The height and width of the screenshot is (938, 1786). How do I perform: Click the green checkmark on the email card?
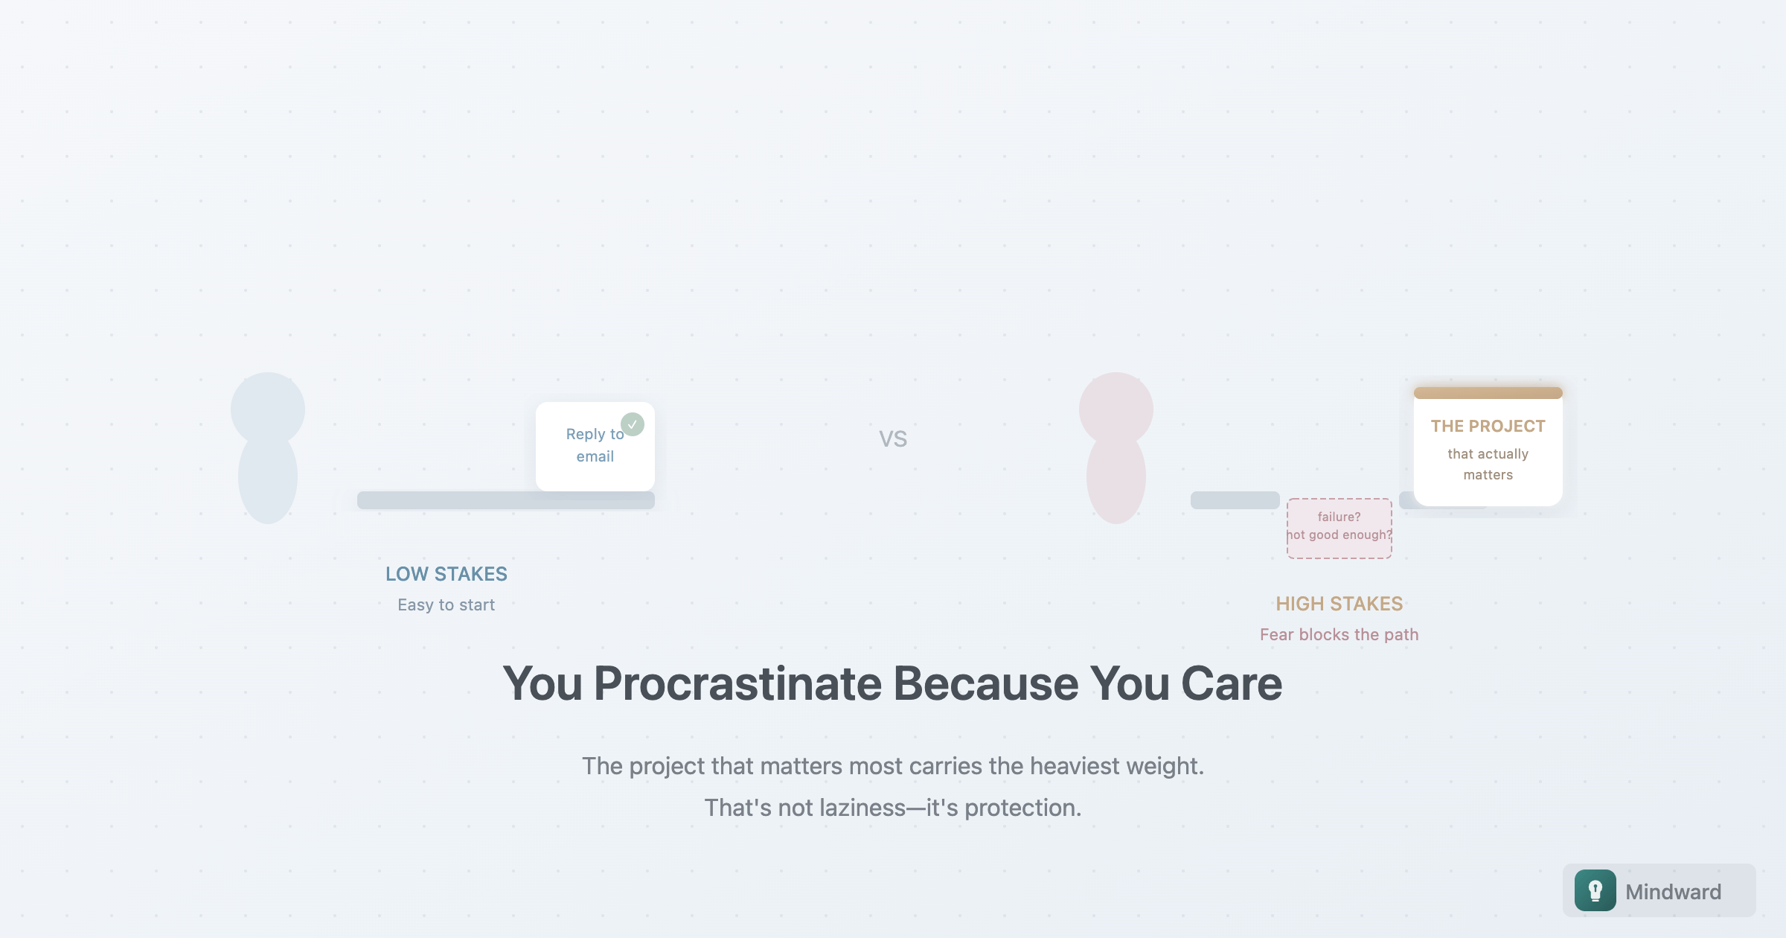click(x=633, y=424)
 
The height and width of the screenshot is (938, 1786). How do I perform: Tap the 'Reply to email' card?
click(x=595, y=446)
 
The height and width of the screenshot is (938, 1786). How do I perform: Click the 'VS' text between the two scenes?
click(x=893, y=439)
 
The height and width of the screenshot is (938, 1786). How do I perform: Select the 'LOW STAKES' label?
click(x=446, y=574)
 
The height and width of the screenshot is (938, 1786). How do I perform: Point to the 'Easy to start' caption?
click(x=446, y=605)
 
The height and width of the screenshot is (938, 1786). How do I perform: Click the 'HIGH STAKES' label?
click(x=1339, y=604)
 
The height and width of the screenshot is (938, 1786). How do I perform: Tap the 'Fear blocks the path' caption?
click(x=1339, y=634)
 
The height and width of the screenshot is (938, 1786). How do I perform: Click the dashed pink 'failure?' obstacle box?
click(x=1339, y=529)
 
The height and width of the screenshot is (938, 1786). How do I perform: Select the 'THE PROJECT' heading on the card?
click(x=1488, y=426)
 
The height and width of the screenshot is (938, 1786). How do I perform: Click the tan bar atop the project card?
click(x=1488, y=393)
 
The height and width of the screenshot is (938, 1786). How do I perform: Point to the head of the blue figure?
click(x=268, y=408)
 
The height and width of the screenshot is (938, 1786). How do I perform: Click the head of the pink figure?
click(x=1116, y=408)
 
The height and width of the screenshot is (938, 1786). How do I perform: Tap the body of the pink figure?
click(x=1116, y=480)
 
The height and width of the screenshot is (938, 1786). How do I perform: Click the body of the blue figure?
click(x=268, y=480)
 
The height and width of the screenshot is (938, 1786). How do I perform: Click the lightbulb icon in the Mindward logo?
click(x=1595, y=890)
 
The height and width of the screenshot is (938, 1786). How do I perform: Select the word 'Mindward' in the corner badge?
click(x=1674, y=892)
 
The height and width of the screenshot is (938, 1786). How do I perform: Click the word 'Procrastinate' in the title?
click(x=738, y=683)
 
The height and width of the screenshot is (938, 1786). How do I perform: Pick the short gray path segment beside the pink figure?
click(x=1235, y=500)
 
